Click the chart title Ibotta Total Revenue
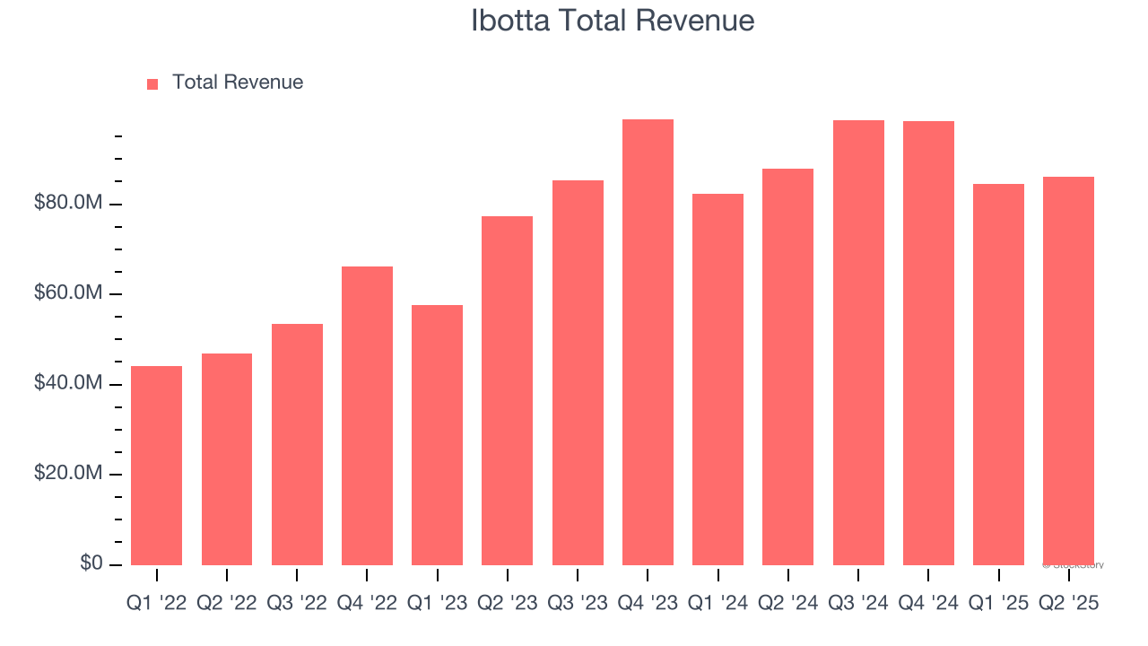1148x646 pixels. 613,21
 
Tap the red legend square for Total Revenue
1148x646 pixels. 152,84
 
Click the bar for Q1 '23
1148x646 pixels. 437,434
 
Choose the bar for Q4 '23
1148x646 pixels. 648,342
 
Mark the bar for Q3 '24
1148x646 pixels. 858,342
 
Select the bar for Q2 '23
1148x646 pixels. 507,390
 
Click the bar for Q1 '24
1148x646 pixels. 717,379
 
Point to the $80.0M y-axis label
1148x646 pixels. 68,204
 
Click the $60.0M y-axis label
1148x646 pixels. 68,293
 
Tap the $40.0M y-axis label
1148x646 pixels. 68,384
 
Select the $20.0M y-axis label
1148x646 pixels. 68,474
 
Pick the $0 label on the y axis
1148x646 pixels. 91,563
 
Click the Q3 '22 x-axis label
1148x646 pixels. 297,604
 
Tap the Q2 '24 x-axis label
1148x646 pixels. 787,604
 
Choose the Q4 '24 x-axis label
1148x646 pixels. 928,604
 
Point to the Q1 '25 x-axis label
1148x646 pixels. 998,604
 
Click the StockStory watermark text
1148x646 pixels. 1074,565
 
